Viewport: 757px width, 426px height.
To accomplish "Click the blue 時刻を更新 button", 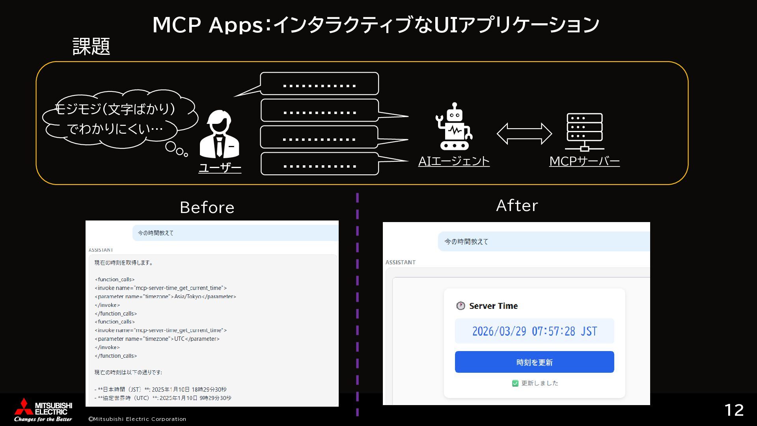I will [x=534, y=362].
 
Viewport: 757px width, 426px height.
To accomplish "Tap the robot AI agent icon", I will [x=454, y=127].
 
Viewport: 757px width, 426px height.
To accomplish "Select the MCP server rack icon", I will [x=584, y=132].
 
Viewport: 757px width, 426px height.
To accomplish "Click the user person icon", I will [x=220, y=135].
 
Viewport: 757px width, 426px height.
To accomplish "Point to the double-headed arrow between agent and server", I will [x=524, y=133].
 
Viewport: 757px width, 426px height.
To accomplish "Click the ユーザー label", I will [x=220, y=168].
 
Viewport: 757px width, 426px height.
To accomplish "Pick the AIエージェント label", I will [x=454, y=161].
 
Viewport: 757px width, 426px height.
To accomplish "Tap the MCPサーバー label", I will [x=584, y=161].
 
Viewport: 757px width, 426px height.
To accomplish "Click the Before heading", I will [x=207, y=207].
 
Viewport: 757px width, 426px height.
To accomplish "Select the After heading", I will [x=517, y=206].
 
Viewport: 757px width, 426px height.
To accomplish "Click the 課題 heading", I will [x=91, y=47].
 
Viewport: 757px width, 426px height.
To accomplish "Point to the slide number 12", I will [x=734, y=410].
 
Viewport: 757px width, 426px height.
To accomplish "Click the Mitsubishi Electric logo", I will [x=43, y=409].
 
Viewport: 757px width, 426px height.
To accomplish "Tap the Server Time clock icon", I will [x=461, y=306].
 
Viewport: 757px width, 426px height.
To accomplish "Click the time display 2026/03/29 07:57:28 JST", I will [x=534, y=331].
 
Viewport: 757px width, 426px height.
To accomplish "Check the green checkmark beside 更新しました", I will [x=515, y=383].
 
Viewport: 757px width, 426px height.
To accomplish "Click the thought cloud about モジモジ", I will [x=118, y=118].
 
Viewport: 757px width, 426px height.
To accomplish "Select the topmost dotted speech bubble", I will [x=319, y=84].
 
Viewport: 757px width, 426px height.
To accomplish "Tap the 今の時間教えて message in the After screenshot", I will [x=466, y=241].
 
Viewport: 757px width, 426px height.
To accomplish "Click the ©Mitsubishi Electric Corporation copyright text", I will [x=137, y=419].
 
